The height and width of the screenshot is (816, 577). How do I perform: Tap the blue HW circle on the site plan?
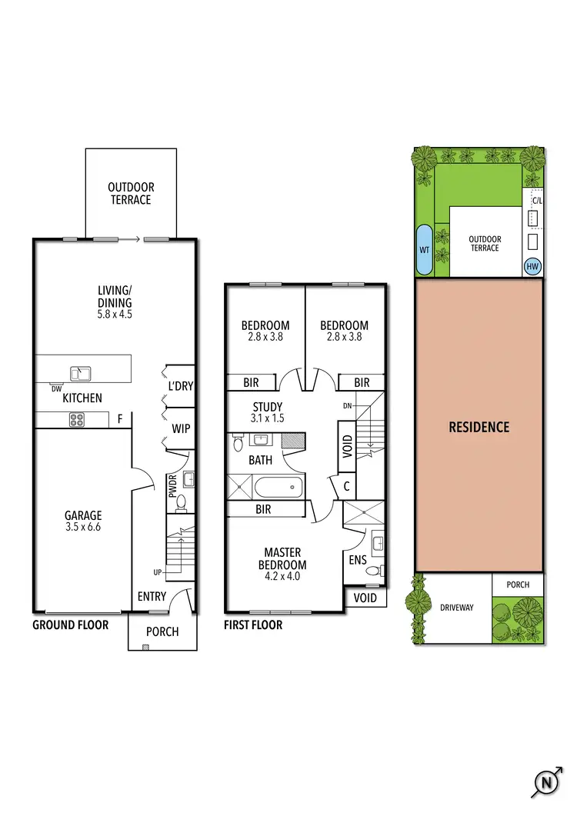(532, 267)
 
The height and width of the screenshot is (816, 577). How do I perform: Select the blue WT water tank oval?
(423, 250)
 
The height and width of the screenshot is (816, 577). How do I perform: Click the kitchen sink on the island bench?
(80, 374)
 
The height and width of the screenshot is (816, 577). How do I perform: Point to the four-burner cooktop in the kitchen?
(77, 420)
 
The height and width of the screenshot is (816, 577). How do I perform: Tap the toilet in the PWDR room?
(182, 503)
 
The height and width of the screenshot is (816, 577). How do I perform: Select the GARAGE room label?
(83, 515)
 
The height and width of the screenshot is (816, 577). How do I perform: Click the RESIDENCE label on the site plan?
(479, 427)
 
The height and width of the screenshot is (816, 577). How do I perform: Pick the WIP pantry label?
(182, 428)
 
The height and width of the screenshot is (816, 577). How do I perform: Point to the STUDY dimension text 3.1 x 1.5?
(267, 419)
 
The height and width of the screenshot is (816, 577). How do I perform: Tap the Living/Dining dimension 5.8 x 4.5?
(115, 314)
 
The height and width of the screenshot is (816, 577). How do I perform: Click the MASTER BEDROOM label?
(282, 558)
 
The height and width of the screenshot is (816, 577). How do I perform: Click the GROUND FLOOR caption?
(70, 625)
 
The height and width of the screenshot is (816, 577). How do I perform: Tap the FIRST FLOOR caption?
(253, 625)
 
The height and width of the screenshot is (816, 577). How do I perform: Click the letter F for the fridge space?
(120, 420)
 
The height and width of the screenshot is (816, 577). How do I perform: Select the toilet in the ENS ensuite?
(374, 571)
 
